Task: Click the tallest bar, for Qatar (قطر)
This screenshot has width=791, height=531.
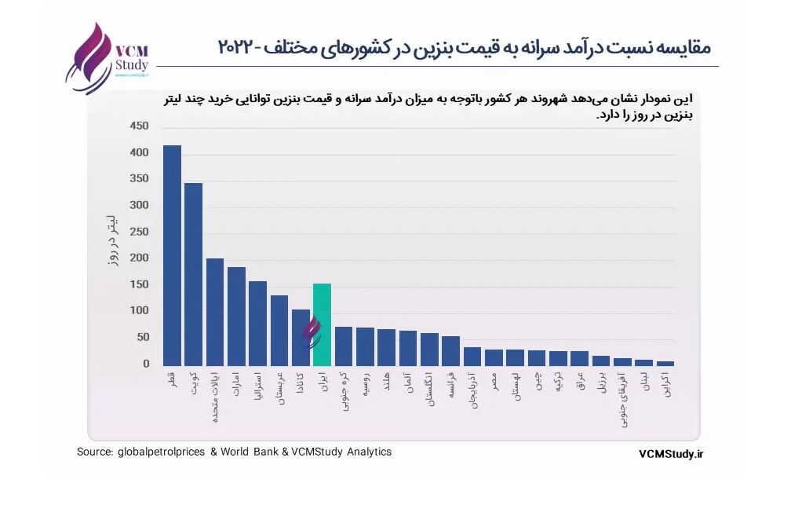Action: (172, 255)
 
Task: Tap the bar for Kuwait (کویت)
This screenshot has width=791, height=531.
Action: (193, 274)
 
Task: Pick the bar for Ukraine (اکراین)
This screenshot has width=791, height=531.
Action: (665, 363)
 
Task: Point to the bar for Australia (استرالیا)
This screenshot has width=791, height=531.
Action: (257, 323)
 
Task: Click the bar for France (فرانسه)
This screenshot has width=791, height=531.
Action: (450, 351)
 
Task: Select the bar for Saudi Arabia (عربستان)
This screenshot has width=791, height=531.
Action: (279, 330)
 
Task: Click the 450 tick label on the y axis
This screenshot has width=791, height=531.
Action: (138, 126)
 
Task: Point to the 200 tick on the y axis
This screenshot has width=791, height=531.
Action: (138, 258)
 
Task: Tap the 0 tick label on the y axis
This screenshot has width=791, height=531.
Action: (145, 364)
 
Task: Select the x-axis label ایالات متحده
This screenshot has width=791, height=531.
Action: (214, 397)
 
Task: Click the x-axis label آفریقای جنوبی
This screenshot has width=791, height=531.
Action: (622, 400)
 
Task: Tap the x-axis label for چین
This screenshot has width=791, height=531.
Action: (537, 382)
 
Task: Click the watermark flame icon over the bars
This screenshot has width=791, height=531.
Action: (312, 332)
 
